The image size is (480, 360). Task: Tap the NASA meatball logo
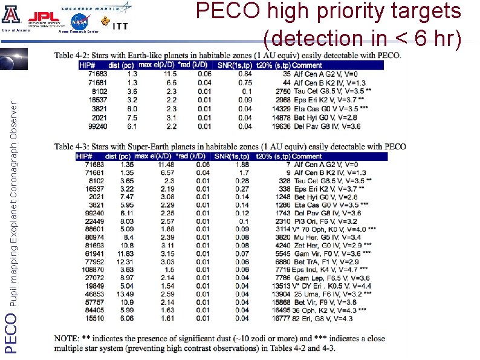point(79,22)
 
